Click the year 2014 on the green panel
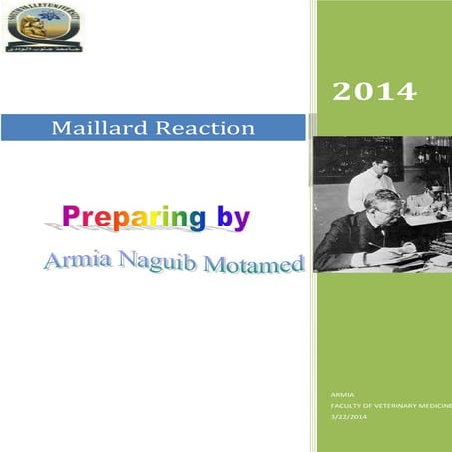click(373, 93)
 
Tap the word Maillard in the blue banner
click(96, 128)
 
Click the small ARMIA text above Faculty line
click(341, 397)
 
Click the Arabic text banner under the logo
click(43, 46)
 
